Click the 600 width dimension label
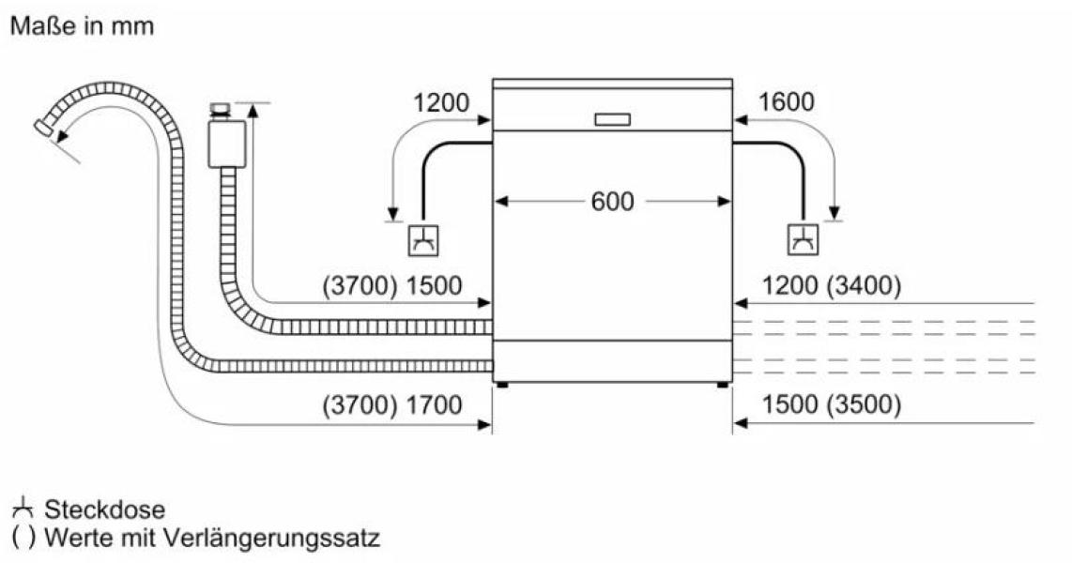pos(613,202)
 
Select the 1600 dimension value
pos(787,102)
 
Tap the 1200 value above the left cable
pos(441,103)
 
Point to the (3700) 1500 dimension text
pos(391,285)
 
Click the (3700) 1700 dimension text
pos(391,405)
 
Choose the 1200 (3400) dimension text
pos(831,285)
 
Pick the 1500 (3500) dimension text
pos(831,405)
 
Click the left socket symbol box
pos(423,240)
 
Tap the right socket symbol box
pos(804,239)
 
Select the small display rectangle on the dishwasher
pos(612,119)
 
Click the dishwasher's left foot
pos(502,385)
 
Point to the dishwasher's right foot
pos(723,385)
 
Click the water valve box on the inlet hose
pos(228,144)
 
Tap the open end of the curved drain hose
pos(44,128)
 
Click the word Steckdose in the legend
pos(104,510)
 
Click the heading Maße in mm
pos(82,26)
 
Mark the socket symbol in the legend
pos(23,509)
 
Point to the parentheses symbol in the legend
pos(23,538)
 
